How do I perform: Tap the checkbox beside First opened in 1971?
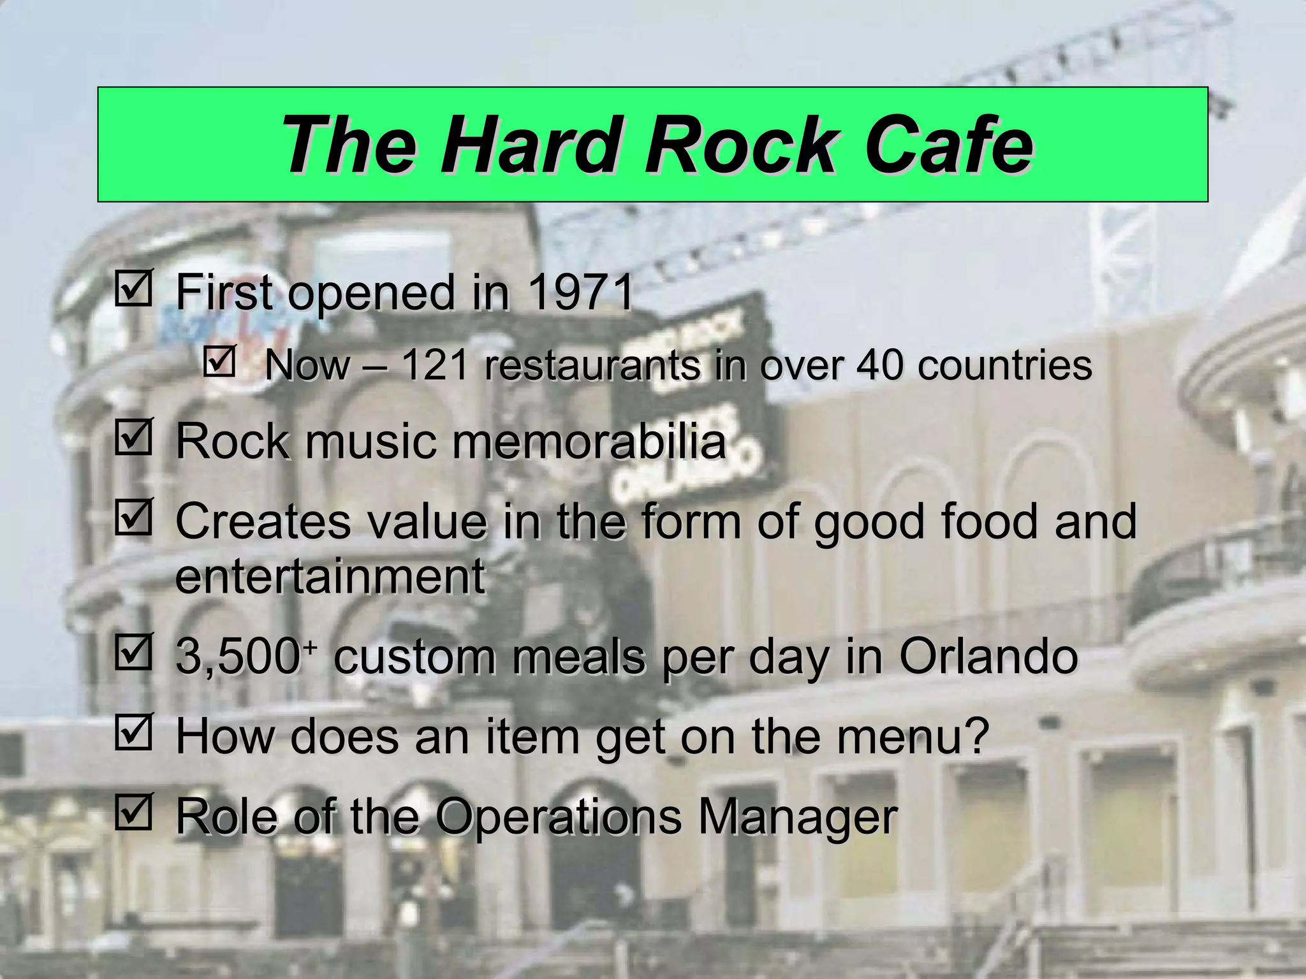point(133,288)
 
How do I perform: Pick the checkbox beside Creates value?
point(133,517)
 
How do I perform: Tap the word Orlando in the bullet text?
point(988,656)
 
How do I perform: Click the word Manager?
point(798,816)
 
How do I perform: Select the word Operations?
point(559,816)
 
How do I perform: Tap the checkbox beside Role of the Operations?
point(133,812)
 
